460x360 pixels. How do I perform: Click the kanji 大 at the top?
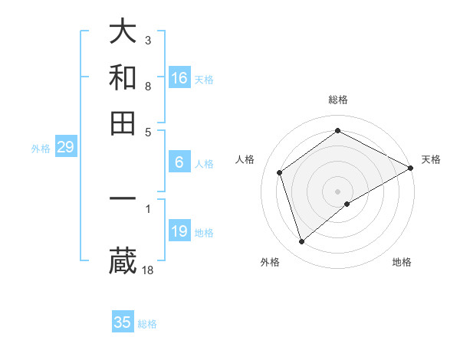click(x=123, y=31)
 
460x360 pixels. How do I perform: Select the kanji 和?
click(x=123, y=77)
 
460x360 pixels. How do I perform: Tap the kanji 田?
click(x=123, y=123)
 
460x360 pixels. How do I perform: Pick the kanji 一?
click(x=123, y=198)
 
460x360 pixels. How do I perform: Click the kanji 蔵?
click(x=123, y=261)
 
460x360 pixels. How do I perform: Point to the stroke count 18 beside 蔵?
click(x=148, y=270)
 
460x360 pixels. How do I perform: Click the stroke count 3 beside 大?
click(x=148, y=40)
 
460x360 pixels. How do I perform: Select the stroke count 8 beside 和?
click(x=148, y=86)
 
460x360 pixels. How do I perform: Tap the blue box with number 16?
click(x=179, y=78)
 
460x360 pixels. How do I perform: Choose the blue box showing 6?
click(x=179, y=162)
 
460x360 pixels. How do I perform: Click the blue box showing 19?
click(x=179, y=231)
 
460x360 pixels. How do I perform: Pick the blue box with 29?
click(x=65, y=148)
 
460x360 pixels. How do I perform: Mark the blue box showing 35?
click(x=123, y=322)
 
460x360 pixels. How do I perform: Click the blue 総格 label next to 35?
click(x=147, y=324)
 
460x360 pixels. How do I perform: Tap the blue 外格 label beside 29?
click(x=41, y=149)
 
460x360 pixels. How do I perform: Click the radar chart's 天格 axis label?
click(x=431, y=159)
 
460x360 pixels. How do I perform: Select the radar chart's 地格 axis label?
click(x=402, y=262)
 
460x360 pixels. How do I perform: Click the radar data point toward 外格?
click(x=301, y=242)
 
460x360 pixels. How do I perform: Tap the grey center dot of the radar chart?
click(x=338, y=191)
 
